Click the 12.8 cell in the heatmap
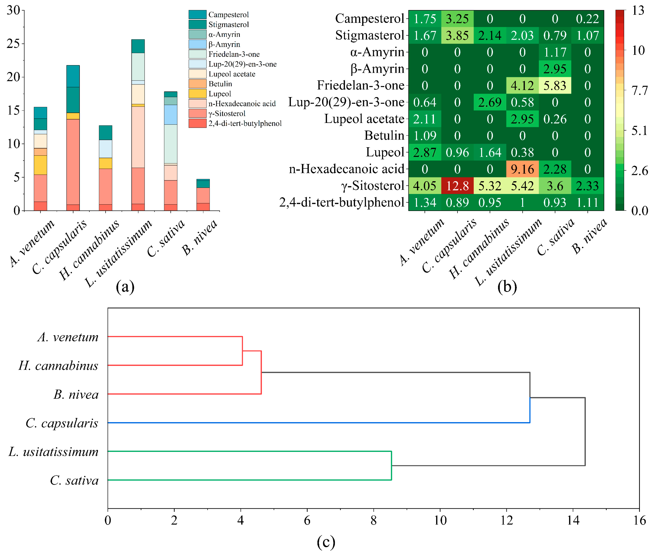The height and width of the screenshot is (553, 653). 457,186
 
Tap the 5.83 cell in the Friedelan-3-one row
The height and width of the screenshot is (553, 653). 555,86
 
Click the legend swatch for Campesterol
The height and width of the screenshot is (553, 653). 197,14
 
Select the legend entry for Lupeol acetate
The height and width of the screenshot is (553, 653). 232,74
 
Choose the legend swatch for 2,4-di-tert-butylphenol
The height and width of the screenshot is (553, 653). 197,123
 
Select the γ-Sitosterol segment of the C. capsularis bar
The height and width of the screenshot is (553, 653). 73,161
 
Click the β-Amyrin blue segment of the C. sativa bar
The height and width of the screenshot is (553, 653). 170,114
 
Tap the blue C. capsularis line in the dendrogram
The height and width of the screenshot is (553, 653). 313,423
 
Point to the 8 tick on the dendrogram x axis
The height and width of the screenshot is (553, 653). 374,520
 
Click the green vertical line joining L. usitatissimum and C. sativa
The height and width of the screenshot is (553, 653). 391,466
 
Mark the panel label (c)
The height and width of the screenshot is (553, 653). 326,542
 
